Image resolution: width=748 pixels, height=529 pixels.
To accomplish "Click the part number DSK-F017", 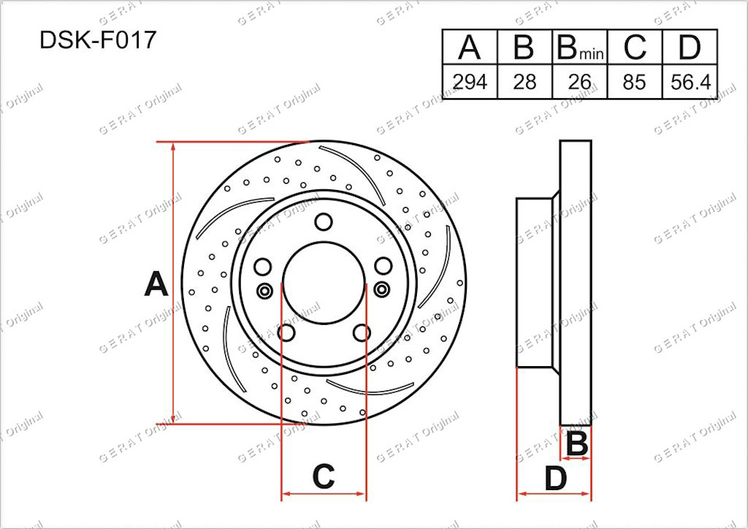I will click(97, 41).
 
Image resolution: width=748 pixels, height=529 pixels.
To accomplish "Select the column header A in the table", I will click(469, 48).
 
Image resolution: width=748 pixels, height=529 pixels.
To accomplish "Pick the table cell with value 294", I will click(469, 82).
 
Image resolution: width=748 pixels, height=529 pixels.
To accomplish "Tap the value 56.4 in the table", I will click(690, 82).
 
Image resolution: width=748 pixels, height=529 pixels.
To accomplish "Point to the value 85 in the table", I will click(634, 82).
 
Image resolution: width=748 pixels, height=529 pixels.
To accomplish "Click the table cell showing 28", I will click(524, 82).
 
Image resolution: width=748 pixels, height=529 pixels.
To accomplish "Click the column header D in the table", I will click(690, 48).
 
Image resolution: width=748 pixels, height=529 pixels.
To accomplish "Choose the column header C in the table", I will click(634, 48).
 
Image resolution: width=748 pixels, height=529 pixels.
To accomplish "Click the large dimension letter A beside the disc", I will click(156, 285).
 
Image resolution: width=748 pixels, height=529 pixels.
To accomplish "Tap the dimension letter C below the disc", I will click(323, 476).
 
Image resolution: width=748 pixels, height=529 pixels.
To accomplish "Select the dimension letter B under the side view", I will click(577, 444).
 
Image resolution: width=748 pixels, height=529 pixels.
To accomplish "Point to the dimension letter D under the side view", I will click(555, 478).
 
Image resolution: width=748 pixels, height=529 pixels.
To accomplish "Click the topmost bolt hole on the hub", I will click(323, 222).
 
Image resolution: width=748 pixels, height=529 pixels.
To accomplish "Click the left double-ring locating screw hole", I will click(264, 291).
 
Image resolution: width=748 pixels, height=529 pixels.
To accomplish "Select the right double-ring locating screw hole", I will click(382, 291).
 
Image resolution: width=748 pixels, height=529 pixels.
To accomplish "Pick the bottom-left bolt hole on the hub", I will click(286, 333).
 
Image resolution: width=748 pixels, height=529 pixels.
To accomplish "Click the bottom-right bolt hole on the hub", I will click(361, 333).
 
